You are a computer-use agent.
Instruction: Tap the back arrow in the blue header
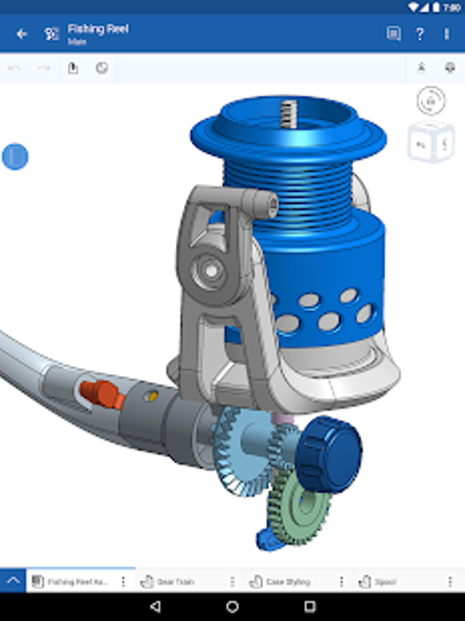pos(21,34)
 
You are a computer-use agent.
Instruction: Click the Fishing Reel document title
pos(98,29)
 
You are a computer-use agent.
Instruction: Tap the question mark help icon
pos(420,34)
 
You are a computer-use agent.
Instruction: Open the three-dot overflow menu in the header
pos(447,34)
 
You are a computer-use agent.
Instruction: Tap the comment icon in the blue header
pos(393,34)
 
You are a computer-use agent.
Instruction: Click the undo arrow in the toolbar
pos(15,68)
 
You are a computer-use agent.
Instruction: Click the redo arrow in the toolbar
pos(44,68)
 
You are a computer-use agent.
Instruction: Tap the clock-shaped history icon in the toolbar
pos(102,68)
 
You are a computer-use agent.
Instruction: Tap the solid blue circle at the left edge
pos(15,157)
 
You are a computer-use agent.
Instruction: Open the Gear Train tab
pos(175,582)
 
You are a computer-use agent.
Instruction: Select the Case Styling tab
pos(287,582)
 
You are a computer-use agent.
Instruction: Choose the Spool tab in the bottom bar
pos(385,582)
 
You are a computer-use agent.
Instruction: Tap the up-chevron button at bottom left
pos(13,581)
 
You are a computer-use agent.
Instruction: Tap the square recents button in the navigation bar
pos(310,606)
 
